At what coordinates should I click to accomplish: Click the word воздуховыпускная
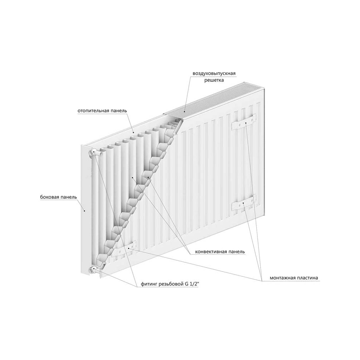point(214,73)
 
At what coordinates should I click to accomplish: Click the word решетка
point(214,80)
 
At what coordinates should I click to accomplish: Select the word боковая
point(49,197)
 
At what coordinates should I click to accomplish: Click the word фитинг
point(149,284)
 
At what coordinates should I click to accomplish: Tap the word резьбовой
point(171,284)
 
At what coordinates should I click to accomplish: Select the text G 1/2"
point(192,284)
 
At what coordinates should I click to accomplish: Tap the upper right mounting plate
point(244,122)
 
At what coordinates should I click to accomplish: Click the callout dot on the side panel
point(85,211)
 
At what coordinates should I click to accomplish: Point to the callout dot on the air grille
point(184,112)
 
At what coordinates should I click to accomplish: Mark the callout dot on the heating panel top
point(134,133)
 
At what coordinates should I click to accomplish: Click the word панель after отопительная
point(119,111)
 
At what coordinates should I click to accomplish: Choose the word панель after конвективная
point(236,252)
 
